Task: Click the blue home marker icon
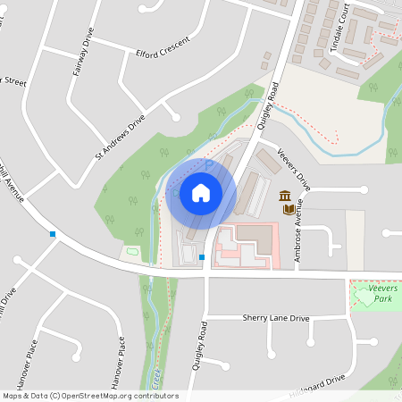coord(201,193)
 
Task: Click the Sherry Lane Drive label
coord(275,318)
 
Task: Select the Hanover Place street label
coord(115,363)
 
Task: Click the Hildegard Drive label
coord(317,385)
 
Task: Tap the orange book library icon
coord(289,210)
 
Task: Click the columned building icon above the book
coord(285,196)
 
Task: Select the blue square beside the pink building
coord(203,257)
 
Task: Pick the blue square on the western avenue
coord(54,234)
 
